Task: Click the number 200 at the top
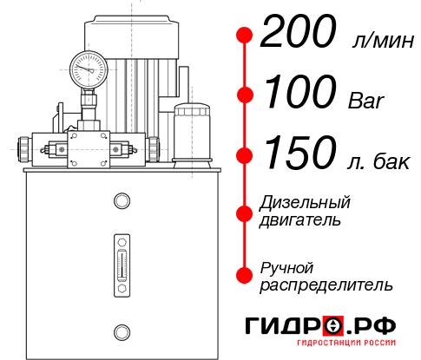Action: pyautogui.click(x=298, y=34)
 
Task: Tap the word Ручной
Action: pyautogui.click(x=287, y=267)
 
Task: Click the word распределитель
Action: pyautogui.click(x=326, y=285)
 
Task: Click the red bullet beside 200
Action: pyautogui.click(x=246, y=35)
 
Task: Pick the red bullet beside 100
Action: pyautogui.click(x=246, y=95)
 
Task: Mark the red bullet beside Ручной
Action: pyautogui.click(x=246, y=274)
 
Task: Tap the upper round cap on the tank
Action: pyautogui.click(x=121, y=201)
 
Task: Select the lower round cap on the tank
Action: pyautogui.click(x=121, y=331)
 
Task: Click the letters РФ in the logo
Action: pyautogui.click(x=375, y=326)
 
